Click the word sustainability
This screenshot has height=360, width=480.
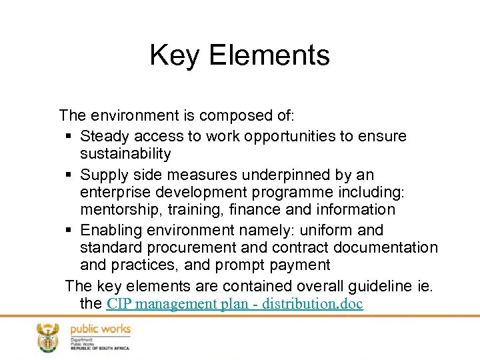[x=126, y=154]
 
